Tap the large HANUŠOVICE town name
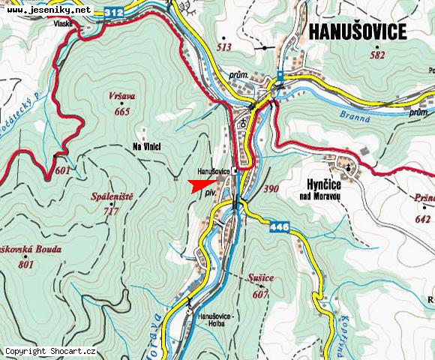[357, 31]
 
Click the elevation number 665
[122, 112]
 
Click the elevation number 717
[113, 211]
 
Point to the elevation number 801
[27, 264]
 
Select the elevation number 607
[260, 293]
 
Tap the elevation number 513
[223, 46]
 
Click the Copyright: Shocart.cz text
[50, 351]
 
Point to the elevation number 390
[271, 189]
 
